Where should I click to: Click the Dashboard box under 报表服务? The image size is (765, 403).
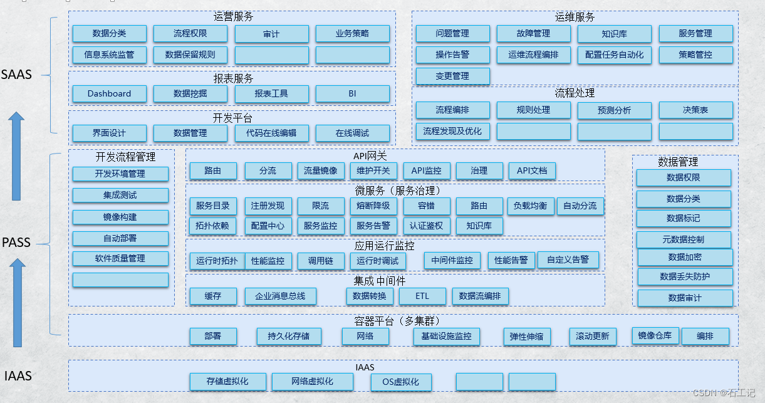(109, 94)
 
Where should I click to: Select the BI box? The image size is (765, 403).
(352, 94)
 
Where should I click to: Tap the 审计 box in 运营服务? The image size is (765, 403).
(271, 34)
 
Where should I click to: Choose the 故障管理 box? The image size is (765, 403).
(533, 34)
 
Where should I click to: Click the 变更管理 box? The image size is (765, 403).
(452, 76)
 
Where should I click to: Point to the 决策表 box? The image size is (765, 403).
(695, 110)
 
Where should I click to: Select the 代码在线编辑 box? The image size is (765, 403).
(271, 133)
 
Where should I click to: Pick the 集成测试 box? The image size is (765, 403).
(120, 196)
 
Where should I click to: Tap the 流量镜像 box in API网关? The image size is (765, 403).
(320, 170)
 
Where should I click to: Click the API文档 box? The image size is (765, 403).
(532, 170)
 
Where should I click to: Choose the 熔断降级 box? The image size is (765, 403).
(373, 206)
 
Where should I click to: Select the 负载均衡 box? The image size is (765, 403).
(530, 206)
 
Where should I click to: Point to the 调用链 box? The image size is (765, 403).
(320, 261)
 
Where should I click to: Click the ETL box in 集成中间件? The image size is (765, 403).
(422, 296)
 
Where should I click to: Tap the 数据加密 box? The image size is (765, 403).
(685, 257)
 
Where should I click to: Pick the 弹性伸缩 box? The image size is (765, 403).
(526, 337)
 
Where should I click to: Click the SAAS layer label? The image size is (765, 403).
(17, 75)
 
